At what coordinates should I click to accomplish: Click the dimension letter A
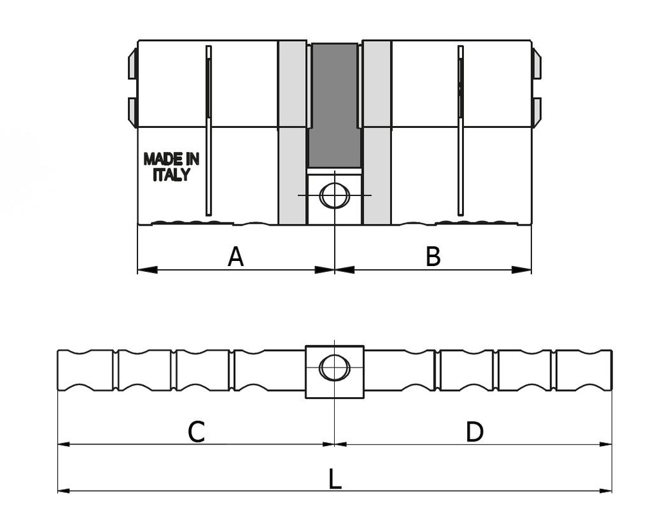pos(236,256)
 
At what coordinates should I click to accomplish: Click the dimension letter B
pos(433,256)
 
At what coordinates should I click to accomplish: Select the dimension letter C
pos(196,432)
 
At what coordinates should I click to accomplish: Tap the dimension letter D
pos(474,432)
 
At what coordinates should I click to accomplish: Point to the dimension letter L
pos(335,479)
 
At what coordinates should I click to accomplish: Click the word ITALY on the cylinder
pos(171,175)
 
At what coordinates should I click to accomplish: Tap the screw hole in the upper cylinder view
pos(334,195)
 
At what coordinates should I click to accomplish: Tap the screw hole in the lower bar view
pos(334,369)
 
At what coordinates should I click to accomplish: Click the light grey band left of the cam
pos(292,132)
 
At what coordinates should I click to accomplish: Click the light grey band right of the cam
pos(377,132)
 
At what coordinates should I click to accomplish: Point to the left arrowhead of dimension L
pos(63,491)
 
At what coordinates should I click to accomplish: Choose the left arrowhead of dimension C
pos(63,443)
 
